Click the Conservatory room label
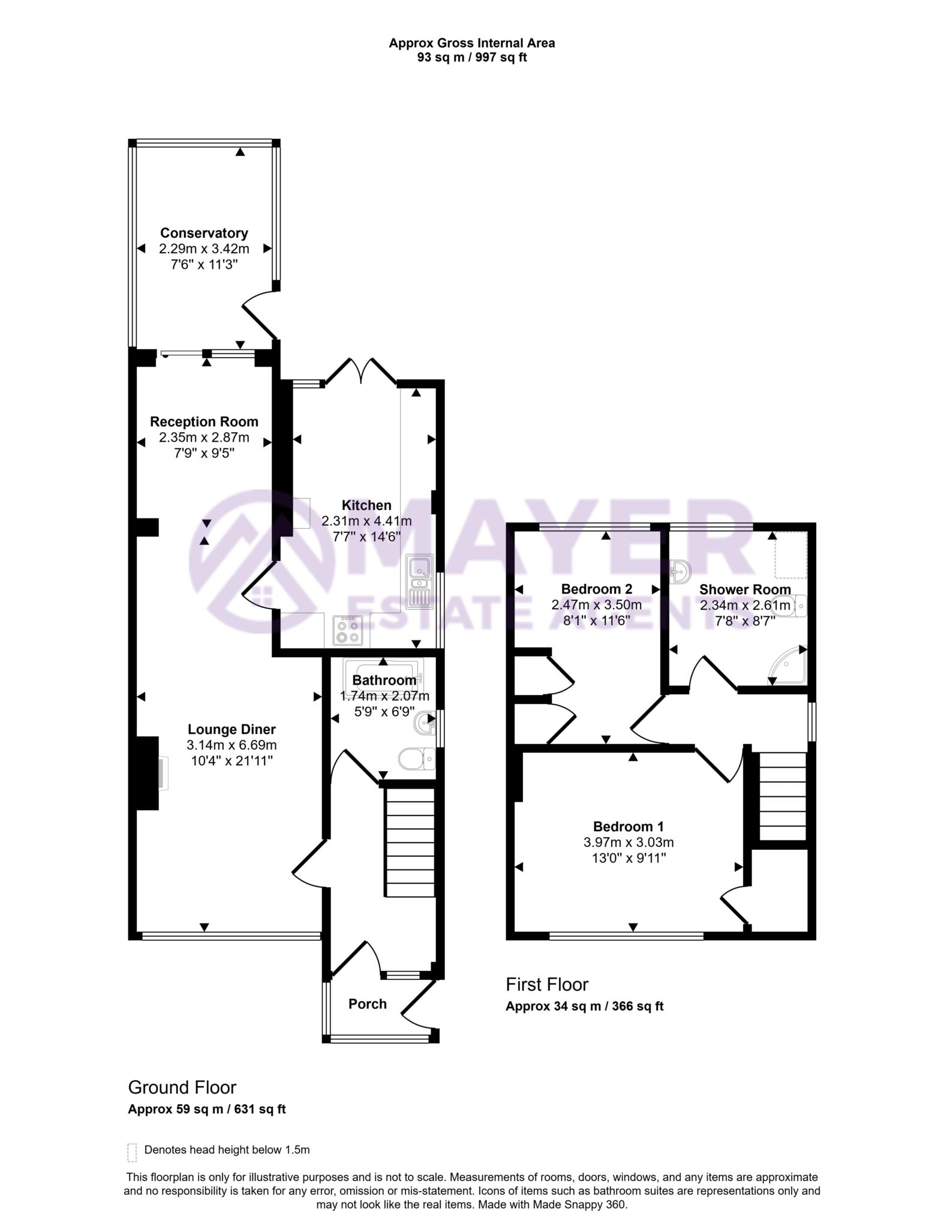pos(204,233)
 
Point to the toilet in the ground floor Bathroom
pos(417,759)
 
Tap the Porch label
pos(368,1004)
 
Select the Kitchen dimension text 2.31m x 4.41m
pos(366,521)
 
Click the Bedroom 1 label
pos(628,826)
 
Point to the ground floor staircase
pos(409,843)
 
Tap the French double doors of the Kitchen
pos(361,371)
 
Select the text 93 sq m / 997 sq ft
pos(472,58)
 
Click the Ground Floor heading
pos(182,1087)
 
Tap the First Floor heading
pos(547,984)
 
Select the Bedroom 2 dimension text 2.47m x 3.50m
pos(596,605)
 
